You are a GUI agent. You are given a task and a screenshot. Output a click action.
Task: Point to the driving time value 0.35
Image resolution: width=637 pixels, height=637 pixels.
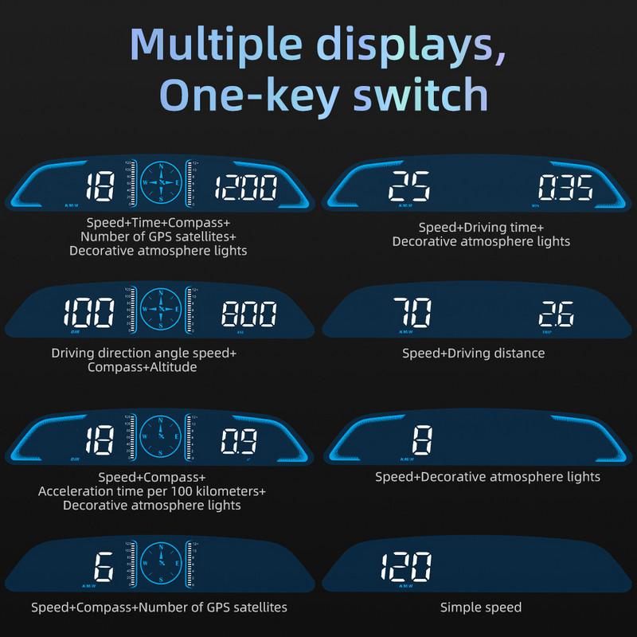point(565,189)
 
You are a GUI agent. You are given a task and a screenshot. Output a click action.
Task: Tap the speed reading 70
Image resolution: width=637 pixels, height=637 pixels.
point(412,311)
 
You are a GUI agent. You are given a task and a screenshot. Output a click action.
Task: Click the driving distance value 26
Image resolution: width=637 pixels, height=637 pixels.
point(556,313)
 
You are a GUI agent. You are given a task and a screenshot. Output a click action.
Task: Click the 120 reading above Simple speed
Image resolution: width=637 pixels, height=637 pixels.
point(406,566)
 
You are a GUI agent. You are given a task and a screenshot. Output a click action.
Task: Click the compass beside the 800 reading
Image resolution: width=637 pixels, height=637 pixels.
point(162,307)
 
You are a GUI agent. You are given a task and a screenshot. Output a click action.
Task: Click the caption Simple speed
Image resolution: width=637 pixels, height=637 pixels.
point(481,608)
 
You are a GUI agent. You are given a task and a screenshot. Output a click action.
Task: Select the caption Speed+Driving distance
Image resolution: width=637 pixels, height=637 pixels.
point(473,353)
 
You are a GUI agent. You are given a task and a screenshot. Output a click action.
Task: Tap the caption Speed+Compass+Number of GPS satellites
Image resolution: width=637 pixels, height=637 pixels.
point(159,608)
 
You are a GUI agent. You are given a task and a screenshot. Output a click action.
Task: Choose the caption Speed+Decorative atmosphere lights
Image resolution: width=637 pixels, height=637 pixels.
point(487,476)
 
